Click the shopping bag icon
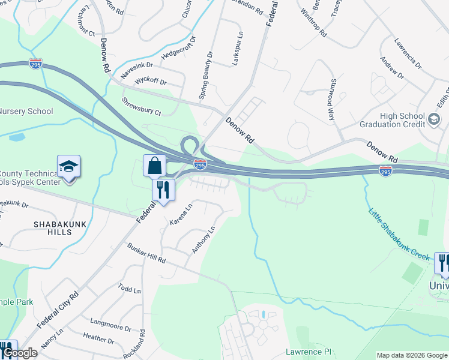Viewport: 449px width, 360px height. [x=154, y=165]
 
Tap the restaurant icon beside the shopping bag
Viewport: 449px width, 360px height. [x=163, y=190]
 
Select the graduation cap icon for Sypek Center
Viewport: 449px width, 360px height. [x=68, y=166]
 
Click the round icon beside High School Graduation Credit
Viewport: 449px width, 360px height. [x=433, y=119]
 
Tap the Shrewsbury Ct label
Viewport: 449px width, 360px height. [x=142, y=106]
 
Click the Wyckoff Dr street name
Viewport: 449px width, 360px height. [x=151, y=81]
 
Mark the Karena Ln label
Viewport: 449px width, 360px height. [x=181, y=215]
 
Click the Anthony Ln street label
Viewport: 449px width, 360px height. [x=203, y=239]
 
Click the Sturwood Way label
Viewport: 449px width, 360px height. [x=331, y=100]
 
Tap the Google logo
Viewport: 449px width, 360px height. [x=19, y=353]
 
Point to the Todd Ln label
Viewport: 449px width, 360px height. [x=130, y=289]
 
